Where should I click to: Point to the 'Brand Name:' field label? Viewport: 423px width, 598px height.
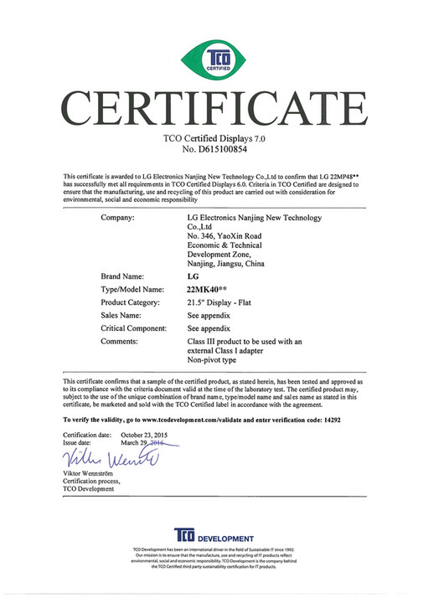pyautogui.click(x=123, y=275)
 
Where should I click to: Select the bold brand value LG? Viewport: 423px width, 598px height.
pyautogui.click(x=193, y=275)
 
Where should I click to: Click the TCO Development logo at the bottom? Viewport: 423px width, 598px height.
pyautogui.click(x=211, y=537)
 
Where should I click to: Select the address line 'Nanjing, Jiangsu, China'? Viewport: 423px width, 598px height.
pyautogui.click(x=225, y=263)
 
